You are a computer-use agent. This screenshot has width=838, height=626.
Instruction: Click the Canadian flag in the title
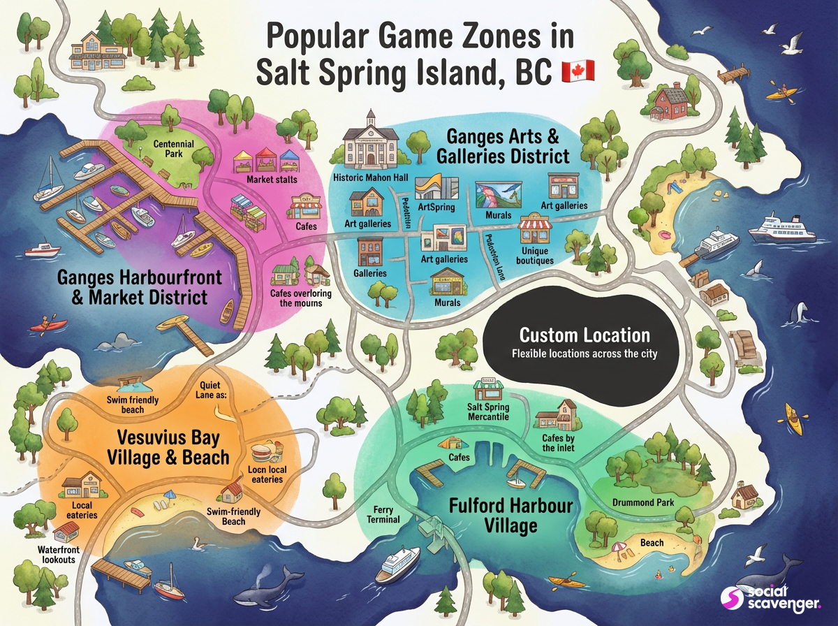point(578,71)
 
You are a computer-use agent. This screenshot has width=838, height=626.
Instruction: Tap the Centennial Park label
point(174,149)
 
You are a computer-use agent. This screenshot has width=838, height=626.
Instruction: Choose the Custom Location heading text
point(584,335)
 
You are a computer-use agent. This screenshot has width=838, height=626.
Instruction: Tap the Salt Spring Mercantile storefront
point(488,391)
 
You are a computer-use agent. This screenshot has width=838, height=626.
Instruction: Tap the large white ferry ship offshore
point(781,228)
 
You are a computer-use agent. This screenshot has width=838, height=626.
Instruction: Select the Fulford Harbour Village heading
point(511,515)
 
